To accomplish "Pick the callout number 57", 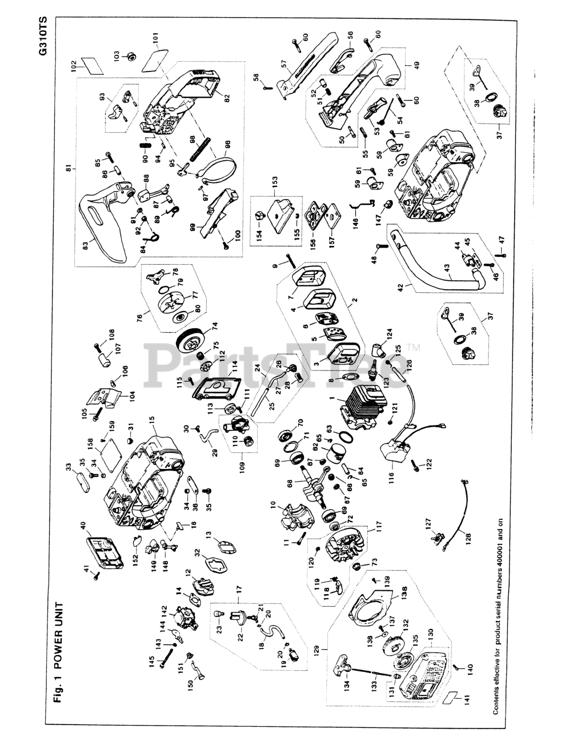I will (x=283, y=64).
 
